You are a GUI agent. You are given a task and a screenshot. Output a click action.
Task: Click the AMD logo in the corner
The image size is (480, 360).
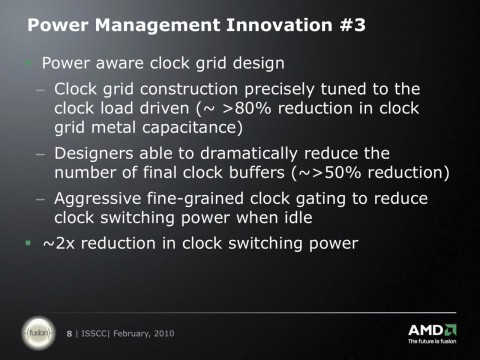pos(432,330)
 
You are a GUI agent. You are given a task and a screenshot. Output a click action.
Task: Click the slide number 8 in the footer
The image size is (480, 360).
pos(69,332)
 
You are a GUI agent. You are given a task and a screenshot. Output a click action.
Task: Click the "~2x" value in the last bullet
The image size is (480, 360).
pos(59,243)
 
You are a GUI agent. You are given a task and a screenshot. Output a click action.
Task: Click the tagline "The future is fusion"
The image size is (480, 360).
pos(432,343)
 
